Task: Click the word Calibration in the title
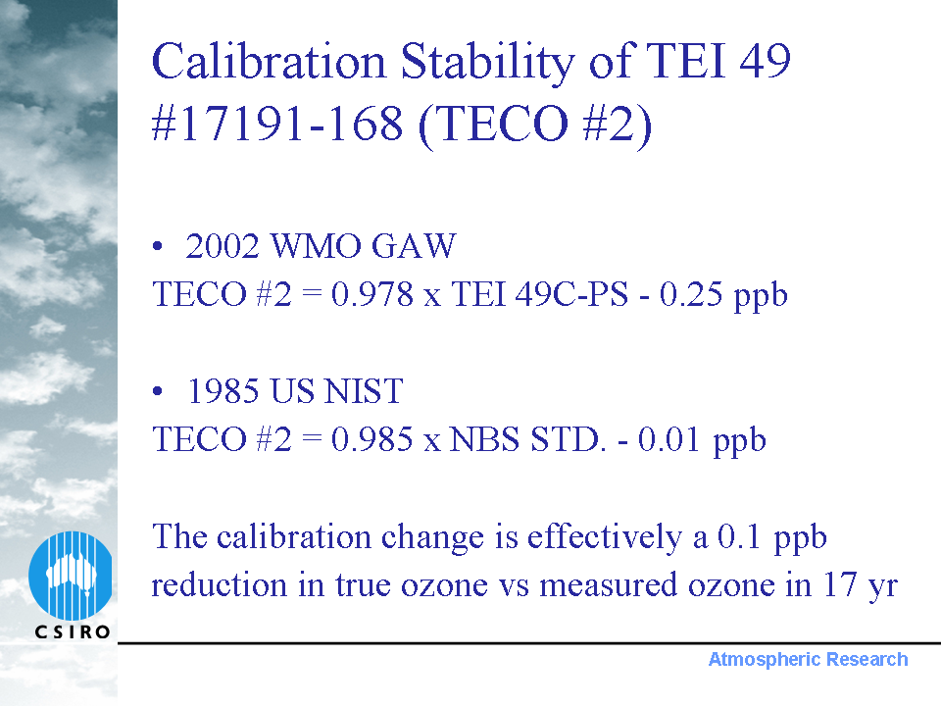269,61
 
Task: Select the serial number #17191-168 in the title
277,124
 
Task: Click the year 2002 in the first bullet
223,246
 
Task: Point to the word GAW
414,246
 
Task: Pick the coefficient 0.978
372,294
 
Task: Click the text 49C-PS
571,294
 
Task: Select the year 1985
223,391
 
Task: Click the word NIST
364,391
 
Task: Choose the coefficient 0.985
372,439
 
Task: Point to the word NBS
484,439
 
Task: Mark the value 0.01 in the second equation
669,439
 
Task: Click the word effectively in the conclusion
605,536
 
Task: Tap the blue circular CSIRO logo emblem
71,576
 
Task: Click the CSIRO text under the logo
73,632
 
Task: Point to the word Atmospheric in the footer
764,660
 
